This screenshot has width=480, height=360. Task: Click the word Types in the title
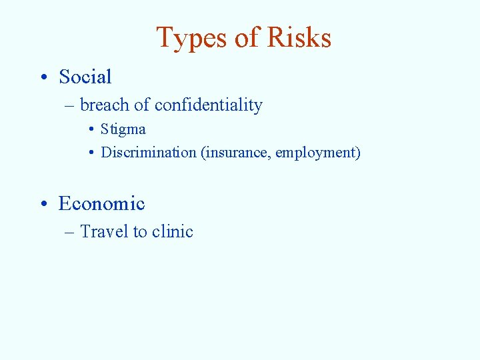[191, 39]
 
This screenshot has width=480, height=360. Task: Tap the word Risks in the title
[299, 38]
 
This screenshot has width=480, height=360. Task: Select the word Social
[85, 77]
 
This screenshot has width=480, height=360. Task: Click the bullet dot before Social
[42, 78]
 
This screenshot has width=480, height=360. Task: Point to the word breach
[104, 105]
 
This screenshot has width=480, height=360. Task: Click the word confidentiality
[208, 105]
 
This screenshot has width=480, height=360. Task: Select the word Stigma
[123, 129]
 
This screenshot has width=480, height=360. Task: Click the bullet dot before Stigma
[91, 130]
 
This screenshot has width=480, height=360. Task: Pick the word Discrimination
[149, 153]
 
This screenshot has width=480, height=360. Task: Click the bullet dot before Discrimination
[91, 153]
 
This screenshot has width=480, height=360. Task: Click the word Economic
[101, 203]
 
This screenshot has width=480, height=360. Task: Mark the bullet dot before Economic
[42, 204]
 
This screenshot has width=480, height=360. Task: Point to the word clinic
[173, 232]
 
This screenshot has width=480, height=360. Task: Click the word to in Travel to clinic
[140, 232]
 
